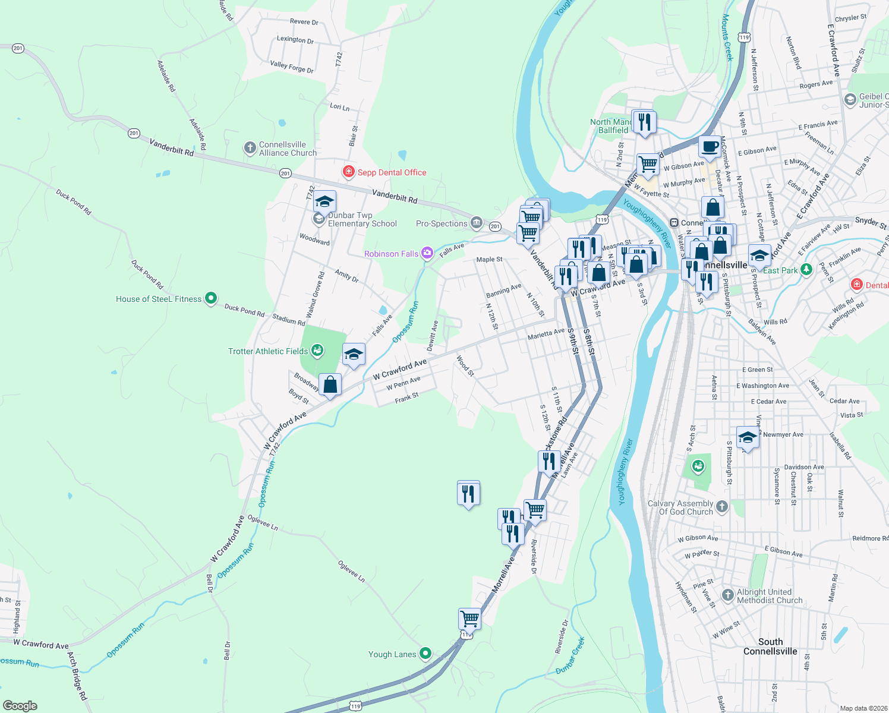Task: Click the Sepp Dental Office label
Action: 392,172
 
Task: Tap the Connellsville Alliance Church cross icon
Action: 250,148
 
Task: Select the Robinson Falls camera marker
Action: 427,254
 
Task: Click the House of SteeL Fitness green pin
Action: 210,298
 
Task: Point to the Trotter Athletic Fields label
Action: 268,351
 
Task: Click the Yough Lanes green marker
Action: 425,654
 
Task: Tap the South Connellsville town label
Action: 770,646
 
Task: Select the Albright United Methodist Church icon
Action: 728,595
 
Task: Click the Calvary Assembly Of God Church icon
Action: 722,506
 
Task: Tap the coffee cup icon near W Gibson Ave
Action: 710,146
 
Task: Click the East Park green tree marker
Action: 806,270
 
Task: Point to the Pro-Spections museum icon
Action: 476,223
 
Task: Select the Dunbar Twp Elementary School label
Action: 362,219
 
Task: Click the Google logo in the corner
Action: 20,705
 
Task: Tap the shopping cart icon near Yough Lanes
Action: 469,619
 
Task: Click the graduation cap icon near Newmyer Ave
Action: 748,438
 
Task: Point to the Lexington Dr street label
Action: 295,40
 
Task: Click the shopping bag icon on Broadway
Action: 330,384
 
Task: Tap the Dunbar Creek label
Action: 570,655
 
